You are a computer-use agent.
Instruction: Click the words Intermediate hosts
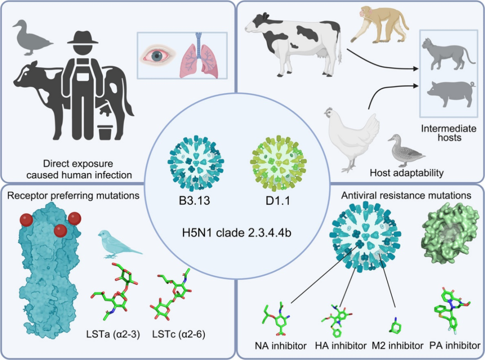pyautogui.click(x=441, y=133)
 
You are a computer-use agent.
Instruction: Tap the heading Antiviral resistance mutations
pyautogui.click(x=406, y=196)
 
